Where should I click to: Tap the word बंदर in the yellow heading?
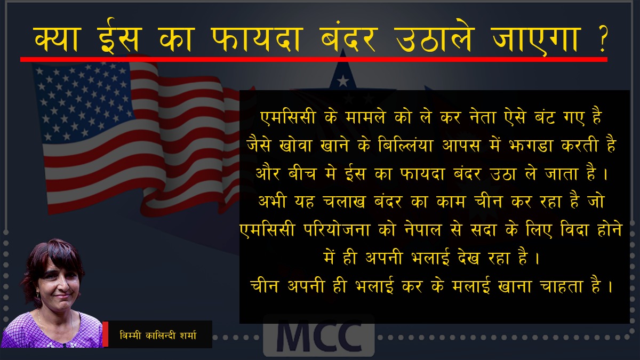(348, 38)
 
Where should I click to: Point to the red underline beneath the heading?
(314, 59)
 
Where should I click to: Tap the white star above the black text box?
(342, 82)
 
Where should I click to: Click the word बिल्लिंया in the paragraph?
(405, 145)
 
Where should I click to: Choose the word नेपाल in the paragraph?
(423, 229)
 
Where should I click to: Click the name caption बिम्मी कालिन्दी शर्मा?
(158, 335)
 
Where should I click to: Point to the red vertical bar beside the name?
(105, 334)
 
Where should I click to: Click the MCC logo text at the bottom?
(319, 337)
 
